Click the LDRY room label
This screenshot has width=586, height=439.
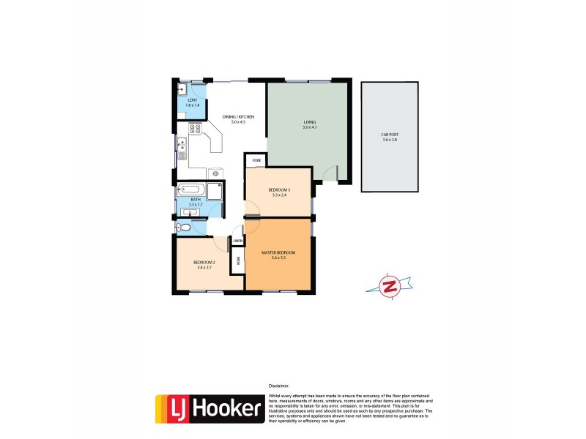[192, 100]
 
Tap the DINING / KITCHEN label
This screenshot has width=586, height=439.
[238, 116]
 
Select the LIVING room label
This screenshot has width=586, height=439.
[308, 122]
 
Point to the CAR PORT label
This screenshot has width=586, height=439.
[389, 135]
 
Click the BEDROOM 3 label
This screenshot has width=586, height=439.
[279, 190]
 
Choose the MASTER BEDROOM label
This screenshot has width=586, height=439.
[278, 252]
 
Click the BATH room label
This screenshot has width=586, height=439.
[196, 199]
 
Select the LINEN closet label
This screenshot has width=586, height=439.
[238, 241]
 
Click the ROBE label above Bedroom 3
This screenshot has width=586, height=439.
[256, 160]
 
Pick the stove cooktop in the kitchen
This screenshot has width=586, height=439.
[196, 129]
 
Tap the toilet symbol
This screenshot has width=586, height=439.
[185, 228]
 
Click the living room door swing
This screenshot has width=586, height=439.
[331, 174]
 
